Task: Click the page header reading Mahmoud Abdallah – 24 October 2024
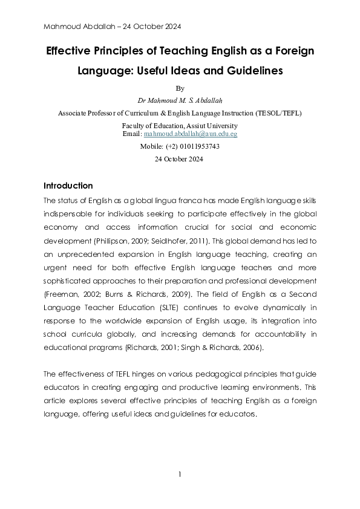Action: (113, 27)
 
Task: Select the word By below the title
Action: (180, 88)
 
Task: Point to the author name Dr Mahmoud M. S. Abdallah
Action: (180, 100)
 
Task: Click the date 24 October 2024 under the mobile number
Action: (180, 160)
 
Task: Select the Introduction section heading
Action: (68, 186)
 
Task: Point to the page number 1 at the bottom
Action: (180, 474)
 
